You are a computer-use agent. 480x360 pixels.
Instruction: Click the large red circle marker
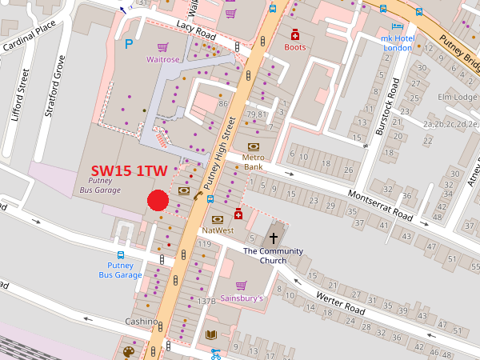pyautogui.click(x=158, y=200)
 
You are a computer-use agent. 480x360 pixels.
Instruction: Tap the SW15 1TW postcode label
pyautogui.click(x=128, y=170)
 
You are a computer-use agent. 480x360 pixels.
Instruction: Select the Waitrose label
pyautogui.click(x=162, y=58)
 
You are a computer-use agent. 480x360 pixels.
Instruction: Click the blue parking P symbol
pyautogui.click(x=128, y=45)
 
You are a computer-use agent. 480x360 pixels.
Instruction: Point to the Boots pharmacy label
pyautogui.click(x=294, y=47)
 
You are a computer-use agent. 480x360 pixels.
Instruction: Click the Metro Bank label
pyautogui.click(x=253, y=162)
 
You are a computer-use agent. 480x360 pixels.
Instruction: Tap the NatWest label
pyautogui.click(x=217, y=230)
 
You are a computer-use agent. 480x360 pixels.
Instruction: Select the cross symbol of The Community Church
pyautogui.click(x=274, y=238)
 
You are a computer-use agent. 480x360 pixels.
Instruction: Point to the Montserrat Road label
pyautogui.click(x=381, y=206)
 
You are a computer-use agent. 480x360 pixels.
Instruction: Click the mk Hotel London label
pyautogui.click(x=396, y=42)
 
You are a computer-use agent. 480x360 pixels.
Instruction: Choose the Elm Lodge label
pyautogui.click(x=457, y=98)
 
